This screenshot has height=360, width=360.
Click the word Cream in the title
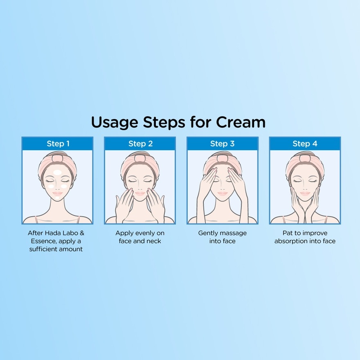pyautogui.click(x=241, y=122)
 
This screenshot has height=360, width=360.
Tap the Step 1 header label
pyautogui.click(x=58, y=144)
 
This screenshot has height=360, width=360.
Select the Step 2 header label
pyautogui.click(x=140, y=144)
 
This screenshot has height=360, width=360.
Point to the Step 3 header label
pyautogui.click(x=222, y=144)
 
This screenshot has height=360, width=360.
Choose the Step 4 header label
pyautogui.click(x=304, y=144)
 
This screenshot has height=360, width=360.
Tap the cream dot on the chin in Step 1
pyautogui.click(x=57, y=198)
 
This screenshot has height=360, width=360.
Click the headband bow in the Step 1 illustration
pyautogui.click(x=58, y=158)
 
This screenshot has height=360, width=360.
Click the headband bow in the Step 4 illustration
pyautogui.click(x=304, y=158)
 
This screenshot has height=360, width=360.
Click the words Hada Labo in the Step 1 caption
pyautogui.click(x=61, y=233)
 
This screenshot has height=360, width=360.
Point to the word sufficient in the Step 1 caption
pyautogui.click(x=44, y=249)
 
